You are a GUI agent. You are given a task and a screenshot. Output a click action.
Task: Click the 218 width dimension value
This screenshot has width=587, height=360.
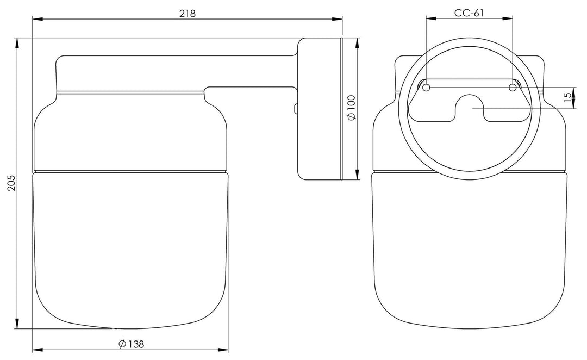(x=187, y=14)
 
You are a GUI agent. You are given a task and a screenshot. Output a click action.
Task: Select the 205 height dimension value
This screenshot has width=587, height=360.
(x=12, y=182)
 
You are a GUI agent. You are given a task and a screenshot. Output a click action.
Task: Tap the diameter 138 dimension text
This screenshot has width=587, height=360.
(x=131, y=344)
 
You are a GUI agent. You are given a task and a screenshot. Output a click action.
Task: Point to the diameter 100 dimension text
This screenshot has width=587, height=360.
(x=352, y=108)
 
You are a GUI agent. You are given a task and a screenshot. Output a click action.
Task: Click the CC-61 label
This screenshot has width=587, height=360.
(x=469, y=13)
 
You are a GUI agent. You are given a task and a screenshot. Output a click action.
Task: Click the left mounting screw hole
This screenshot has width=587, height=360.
(x=426, y=88)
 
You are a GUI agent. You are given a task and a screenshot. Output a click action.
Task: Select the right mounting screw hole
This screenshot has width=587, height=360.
(x=513, y=88)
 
